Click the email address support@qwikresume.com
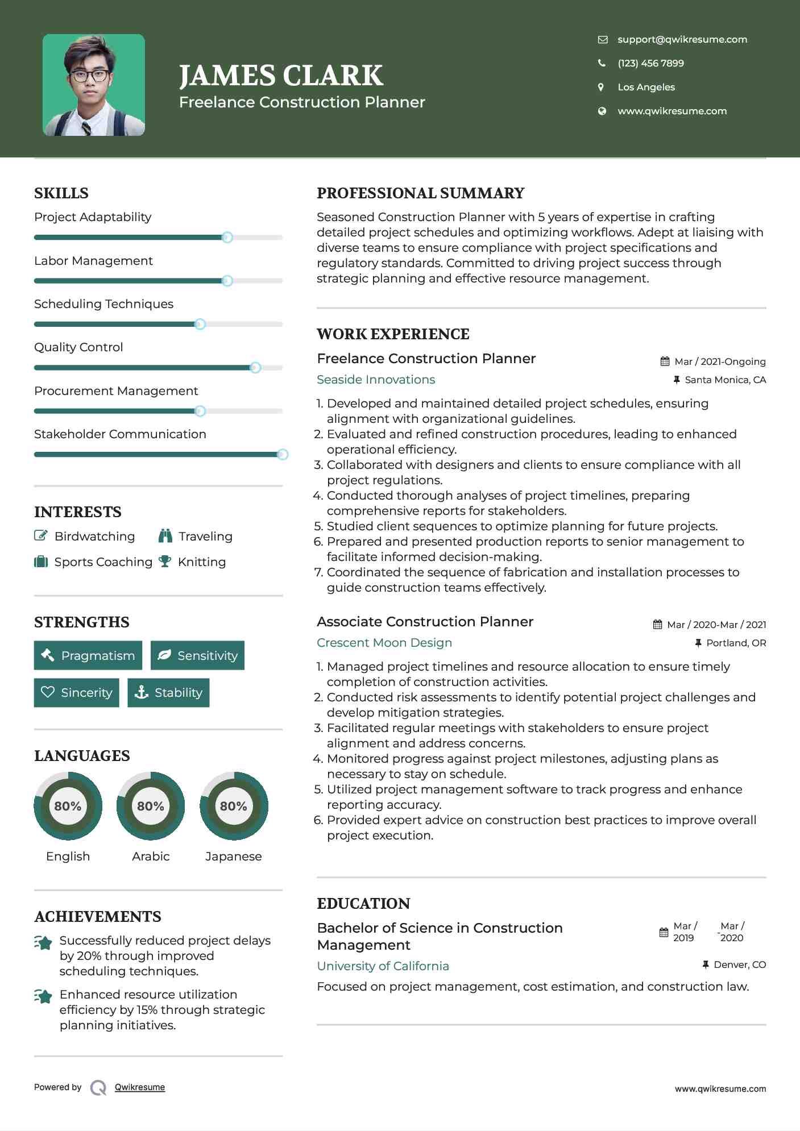click(682, 39)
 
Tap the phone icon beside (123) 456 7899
click(602, 63)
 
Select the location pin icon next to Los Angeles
click(601, 87)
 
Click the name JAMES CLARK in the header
click(281, 76)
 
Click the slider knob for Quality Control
click(255, 368)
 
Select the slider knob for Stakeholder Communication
click(282, 455)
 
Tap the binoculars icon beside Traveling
click(165, 536)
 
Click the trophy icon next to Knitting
click(165, 562)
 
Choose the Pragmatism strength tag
click(88, 655)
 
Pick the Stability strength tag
click(168, 692)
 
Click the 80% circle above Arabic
click(151, 806)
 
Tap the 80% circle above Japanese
click(233, 806)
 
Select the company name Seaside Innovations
click(376, 380)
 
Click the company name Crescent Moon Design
click(384, 643)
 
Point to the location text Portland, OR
click(736, 643)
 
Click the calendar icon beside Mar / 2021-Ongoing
click(665, 361)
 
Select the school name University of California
click(383, 966)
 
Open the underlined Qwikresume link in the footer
click(140, 1087)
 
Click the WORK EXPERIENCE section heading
click(393, 334)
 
